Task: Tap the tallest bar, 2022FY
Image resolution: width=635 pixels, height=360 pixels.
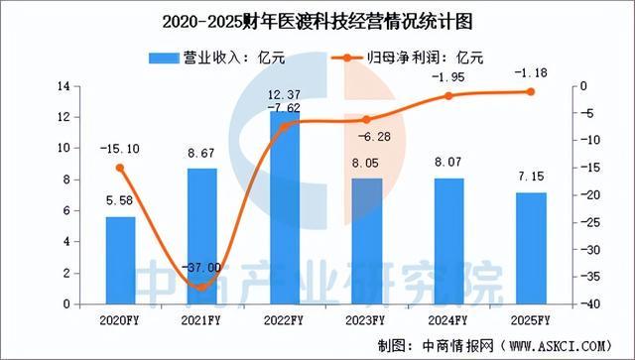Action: point(285,207)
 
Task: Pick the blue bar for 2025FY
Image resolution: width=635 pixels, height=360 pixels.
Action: point(531,248)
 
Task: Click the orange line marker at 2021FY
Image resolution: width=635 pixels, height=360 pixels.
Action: point(202,287)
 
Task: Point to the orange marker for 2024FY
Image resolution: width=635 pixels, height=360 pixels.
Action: point(448,96)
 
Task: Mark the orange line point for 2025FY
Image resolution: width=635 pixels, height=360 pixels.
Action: point(531,92)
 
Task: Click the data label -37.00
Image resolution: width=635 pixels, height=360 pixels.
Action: point(202,267)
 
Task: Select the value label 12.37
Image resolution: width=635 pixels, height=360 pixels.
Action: point(285,94)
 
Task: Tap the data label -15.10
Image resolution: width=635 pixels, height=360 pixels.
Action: point(119,149)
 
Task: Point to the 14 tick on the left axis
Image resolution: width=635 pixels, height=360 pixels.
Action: point(65,87)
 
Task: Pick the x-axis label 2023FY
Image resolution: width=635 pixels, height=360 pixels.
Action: point(367,320)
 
